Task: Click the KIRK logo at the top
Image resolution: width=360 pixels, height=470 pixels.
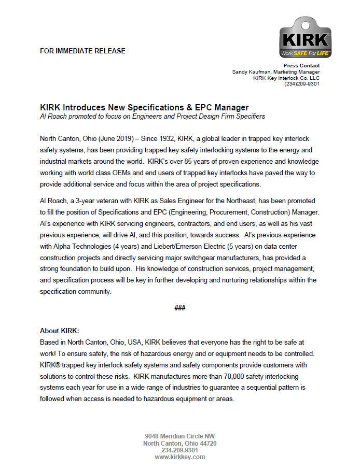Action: click(x=305, y=37)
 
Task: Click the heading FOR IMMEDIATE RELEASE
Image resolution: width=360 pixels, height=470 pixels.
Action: click(x=82, y=51)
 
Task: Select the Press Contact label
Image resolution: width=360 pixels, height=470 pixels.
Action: click(x=301, y=66)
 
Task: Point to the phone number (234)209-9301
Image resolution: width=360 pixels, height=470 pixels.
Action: click(x=301, y=84)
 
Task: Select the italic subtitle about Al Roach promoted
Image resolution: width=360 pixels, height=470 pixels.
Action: click(x=153, y=116)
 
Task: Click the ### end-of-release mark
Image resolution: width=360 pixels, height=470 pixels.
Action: click(x=180, y=308)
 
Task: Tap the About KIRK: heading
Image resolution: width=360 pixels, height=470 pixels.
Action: click(x=60, y=331)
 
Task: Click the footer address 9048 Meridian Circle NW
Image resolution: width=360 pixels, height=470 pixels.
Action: click(x=180, y=436)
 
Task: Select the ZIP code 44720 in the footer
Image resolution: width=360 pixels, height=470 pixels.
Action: click(x=207, y=444)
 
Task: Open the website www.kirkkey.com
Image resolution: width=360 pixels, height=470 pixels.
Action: click(x=180, y=457)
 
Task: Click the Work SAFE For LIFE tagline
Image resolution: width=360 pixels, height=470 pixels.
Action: click(x=305, y=53)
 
